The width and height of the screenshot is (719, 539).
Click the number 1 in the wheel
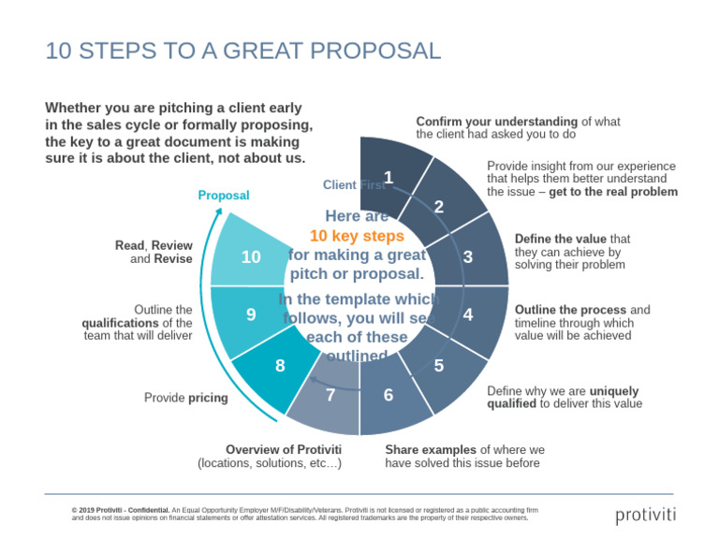(389, 176)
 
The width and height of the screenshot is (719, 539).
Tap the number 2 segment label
(438, 207)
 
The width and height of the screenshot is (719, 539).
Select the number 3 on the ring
(467, 256)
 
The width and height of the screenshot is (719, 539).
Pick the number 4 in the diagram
(467, 315)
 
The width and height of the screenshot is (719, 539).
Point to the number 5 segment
(438, 366)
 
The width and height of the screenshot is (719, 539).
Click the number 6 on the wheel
(389, 395)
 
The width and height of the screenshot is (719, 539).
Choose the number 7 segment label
(330, 395)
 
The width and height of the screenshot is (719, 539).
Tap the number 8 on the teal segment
(280, 366)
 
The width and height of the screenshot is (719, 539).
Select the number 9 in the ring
(251, 315)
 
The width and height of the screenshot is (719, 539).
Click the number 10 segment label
(251, 256)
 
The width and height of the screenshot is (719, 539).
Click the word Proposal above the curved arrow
(224, 196)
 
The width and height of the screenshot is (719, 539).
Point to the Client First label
(353, 185)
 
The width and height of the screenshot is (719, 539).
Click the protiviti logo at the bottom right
(645, 515)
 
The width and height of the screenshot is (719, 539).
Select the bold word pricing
(208, 398)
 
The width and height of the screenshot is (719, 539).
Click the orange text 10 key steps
(357, 236)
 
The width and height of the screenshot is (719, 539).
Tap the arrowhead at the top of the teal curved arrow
(220, 214)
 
